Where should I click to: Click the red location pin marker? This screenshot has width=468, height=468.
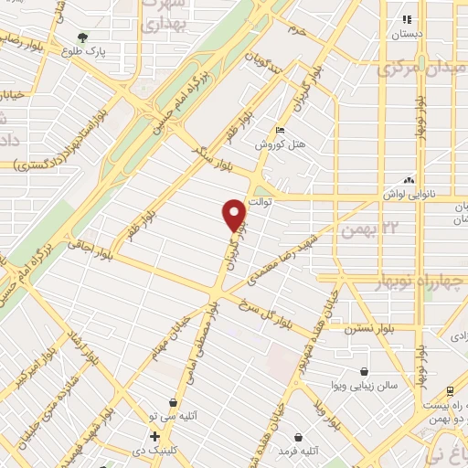pos(235,216)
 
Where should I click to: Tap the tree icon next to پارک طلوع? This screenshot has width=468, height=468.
pos(83,38)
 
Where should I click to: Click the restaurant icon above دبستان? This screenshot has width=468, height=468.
pos(407,18)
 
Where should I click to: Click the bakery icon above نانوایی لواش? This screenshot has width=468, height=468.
pos(408,180)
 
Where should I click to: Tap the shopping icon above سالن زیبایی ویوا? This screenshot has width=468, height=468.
pos(365,372)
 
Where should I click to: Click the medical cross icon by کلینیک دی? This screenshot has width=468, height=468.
pos(155,436)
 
